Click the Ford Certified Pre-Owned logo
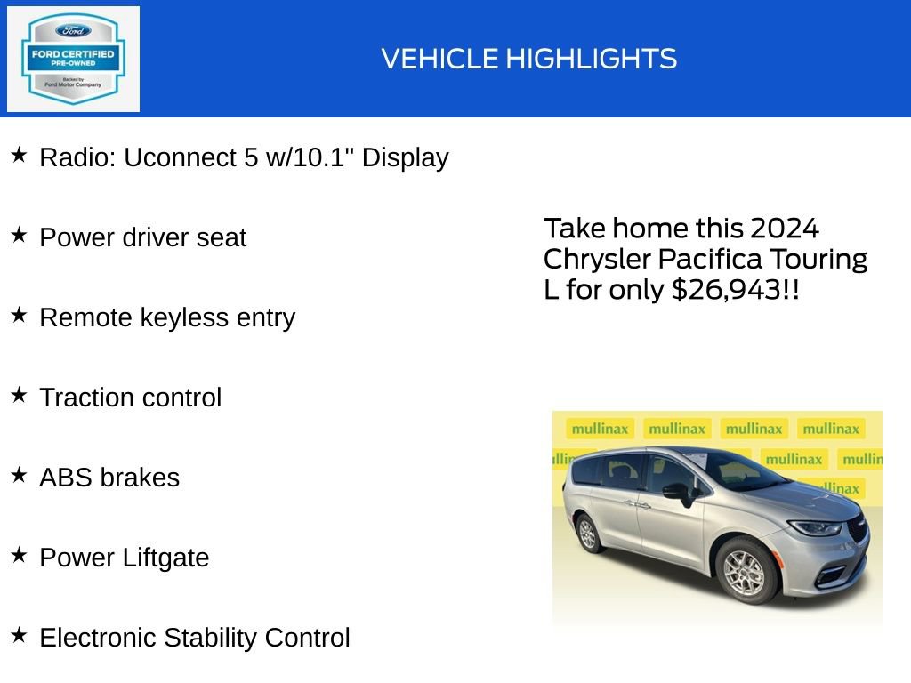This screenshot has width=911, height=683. [73, 59]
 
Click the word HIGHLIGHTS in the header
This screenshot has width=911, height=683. [592, 60]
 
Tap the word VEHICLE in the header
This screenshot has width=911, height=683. [439, 60]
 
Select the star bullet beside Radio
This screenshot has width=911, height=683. [19, 156]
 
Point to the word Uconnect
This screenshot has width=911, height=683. [180, 157]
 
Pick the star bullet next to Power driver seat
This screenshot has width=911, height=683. [19, 236]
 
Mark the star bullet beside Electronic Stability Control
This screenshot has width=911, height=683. [19, 636]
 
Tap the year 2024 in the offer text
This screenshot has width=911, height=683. [784, 229]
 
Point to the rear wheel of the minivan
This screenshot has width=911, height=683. [587, 533]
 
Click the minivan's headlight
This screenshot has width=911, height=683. [814, 527]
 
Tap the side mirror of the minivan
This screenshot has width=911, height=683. [678, 491]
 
